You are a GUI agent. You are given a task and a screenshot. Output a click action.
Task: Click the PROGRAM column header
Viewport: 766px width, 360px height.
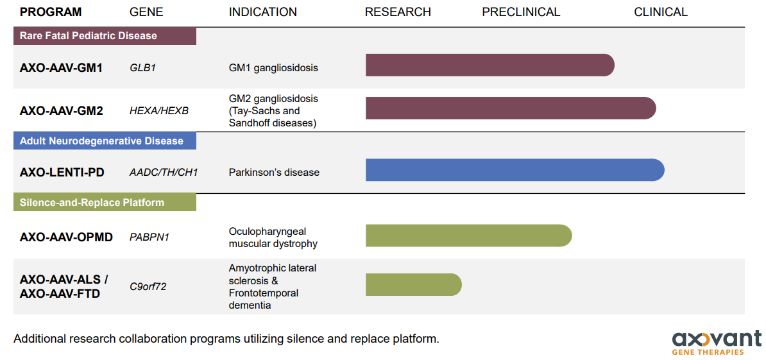tap(51, 12)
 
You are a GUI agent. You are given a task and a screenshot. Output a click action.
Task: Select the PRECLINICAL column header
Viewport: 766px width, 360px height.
tap(521, 12)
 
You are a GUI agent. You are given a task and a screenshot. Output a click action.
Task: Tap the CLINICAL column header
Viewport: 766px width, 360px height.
tap(660, 12)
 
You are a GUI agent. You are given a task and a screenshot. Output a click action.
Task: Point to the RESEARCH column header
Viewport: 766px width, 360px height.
tap(398, 12)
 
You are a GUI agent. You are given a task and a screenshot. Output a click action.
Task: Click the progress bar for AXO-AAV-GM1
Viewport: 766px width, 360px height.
tap(489, 65)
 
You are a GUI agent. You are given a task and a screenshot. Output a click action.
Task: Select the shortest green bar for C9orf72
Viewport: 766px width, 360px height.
tap(413, 284)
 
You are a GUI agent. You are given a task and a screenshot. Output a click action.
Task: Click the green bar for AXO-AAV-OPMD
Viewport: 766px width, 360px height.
tap(468, 236)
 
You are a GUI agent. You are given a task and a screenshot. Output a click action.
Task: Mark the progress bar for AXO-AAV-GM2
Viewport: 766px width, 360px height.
tap(511, 108)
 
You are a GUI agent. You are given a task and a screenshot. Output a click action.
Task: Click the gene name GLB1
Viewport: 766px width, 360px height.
tap(142, 67)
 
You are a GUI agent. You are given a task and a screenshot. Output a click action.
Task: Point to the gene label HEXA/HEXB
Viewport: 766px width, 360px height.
tap(159, 110)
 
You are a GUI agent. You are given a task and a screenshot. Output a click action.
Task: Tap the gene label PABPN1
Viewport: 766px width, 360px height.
tap(149, 237)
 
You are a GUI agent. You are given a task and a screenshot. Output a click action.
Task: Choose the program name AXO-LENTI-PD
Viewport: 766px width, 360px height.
tap(62, 172)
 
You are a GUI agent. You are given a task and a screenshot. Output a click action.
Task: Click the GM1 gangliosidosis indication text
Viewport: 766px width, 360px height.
tap(273, 67)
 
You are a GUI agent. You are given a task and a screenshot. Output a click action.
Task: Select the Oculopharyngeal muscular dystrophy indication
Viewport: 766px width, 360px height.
tap(273, 237)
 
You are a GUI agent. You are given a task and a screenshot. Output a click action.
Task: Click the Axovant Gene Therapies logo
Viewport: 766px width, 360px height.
tap(717, 342)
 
